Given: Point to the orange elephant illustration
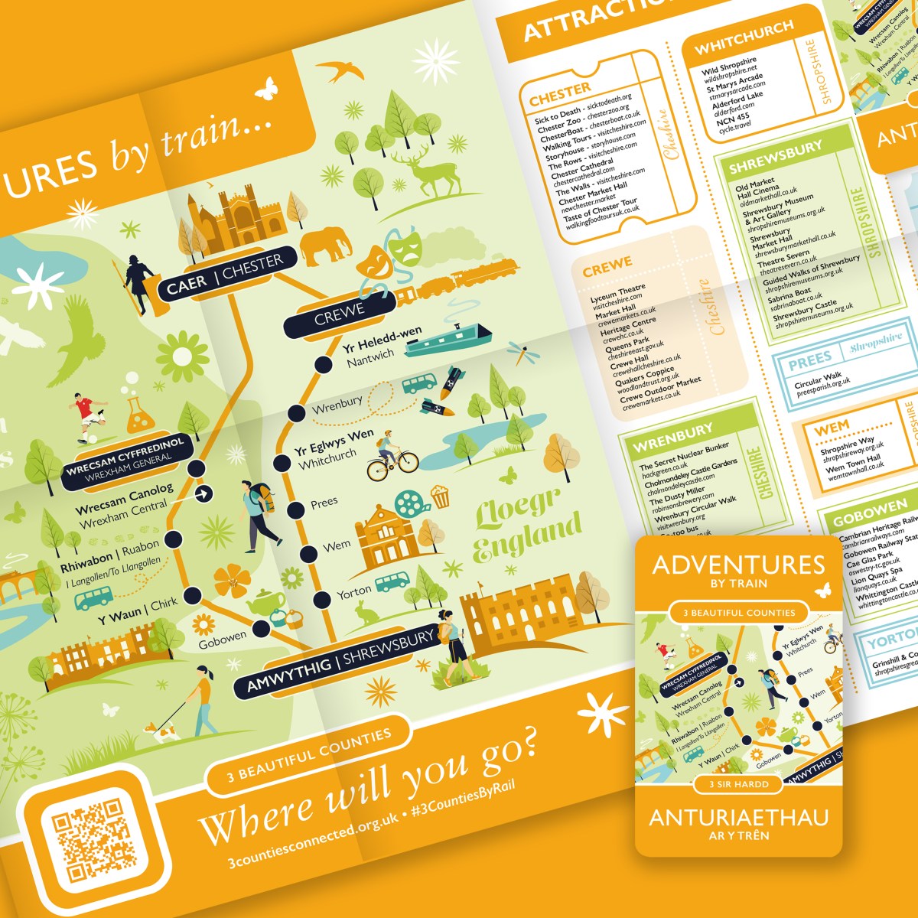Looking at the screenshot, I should pos(325,246).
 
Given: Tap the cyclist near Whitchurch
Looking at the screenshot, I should pos(391,453).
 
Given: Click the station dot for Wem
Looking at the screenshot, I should pos(308,553).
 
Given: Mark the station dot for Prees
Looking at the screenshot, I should pos(296,509).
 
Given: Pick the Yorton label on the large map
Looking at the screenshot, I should pos(354,591).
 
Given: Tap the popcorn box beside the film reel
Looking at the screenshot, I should pos(440,496).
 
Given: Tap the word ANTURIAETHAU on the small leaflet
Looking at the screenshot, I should pos(738,817).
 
